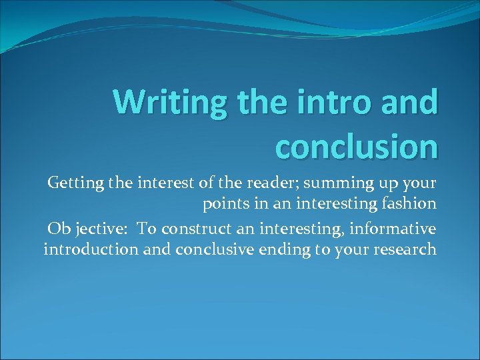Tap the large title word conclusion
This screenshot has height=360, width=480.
pos(357,146)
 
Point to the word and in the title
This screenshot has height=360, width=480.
pos(412,102)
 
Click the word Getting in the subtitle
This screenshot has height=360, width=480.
pos(73,183)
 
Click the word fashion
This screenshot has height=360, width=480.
pos(409,205)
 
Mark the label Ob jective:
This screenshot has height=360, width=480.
pos(88,229)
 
